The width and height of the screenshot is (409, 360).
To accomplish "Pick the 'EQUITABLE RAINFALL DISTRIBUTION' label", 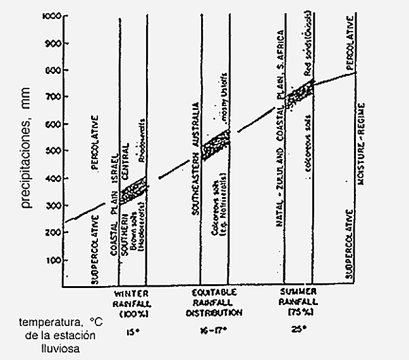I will tap(214, 303).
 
